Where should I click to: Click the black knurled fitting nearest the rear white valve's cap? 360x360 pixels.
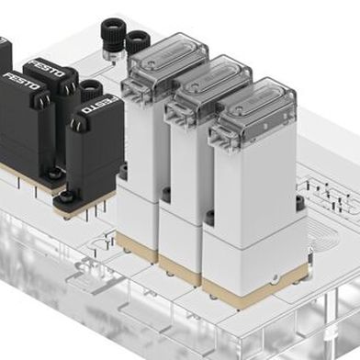138,41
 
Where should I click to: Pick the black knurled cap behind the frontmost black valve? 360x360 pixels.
91,89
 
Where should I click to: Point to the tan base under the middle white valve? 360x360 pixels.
179,266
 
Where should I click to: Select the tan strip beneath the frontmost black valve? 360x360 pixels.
83,208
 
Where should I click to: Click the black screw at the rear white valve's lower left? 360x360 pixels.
123,172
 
